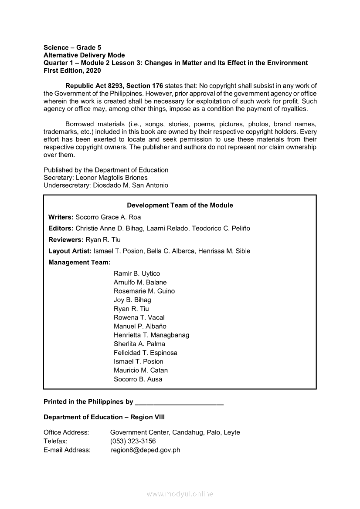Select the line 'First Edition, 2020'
click(72, 71)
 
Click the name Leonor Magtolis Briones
click(112, 178)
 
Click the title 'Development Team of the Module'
click(180, 206)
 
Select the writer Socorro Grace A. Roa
click(108, 217)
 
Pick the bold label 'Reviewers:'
click(66, 239)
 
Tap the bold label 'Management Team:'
click(79, 263)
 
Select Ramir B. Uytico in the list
click(137, 273)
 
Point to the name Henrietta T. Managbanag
click(151, 335)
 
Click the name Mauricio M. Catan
click(140, 370)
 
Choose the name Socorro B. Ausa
click(138, 379)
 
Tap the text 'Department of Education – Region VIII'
click(104, 417)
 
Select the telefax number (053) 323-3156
click(133, 441)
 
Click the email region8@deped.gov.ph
click(146, 450)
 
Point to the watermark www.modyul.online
click(180, 494)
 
